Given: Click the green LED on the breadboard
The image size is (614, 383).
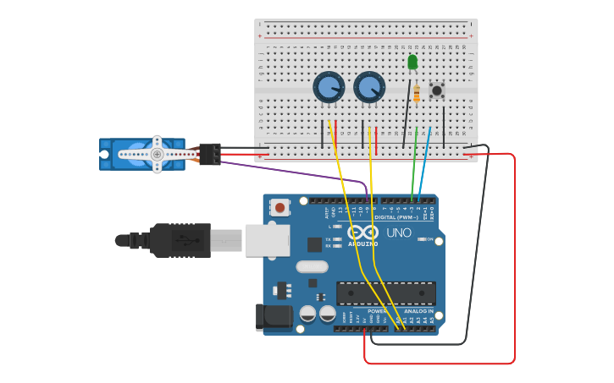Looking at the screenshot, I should [x=412, y=62].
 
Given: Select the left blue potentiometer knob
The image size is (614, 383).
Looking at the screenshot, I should [x=329, y=87].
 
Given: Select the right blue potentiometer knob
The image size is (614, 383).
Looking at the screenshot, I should [x=369, y=87].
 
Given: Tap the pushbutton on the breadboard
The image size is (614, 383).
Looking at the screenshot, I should [x=437, y=90].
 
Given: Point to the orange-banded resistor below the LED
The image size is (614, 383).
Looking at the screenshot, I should [x=416, y=94].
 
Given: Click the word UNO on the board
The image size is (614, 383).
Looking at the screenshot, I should [x=399, y=233].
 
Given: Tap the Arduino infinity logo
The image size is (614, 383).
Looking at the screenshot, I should [x=362, y=232].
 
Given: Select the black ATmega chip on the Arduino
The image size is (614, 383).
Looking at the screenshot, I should [x=385, y=293].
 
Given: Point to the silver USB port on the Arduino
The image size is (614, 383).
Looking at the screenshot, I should [x=268, y=240].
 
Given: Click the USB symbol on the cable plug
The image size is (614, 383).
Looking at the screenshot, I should [x=181, y=239].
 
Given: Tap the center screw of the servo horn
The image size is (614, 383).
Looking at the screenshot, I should [x=157, y=154].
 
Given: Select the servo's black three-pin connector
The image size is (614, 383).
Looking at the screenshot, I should [x=209, y=154].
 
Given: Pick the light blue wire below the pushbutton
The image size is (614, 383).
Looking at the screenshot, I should [x=426, y=161].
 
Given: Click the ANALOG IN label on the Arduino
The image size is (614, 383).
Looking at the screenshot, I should [x=418, y=311].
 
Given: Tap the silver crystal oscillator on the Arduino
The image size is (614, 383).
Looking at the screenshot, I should [x=312, y=266].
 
